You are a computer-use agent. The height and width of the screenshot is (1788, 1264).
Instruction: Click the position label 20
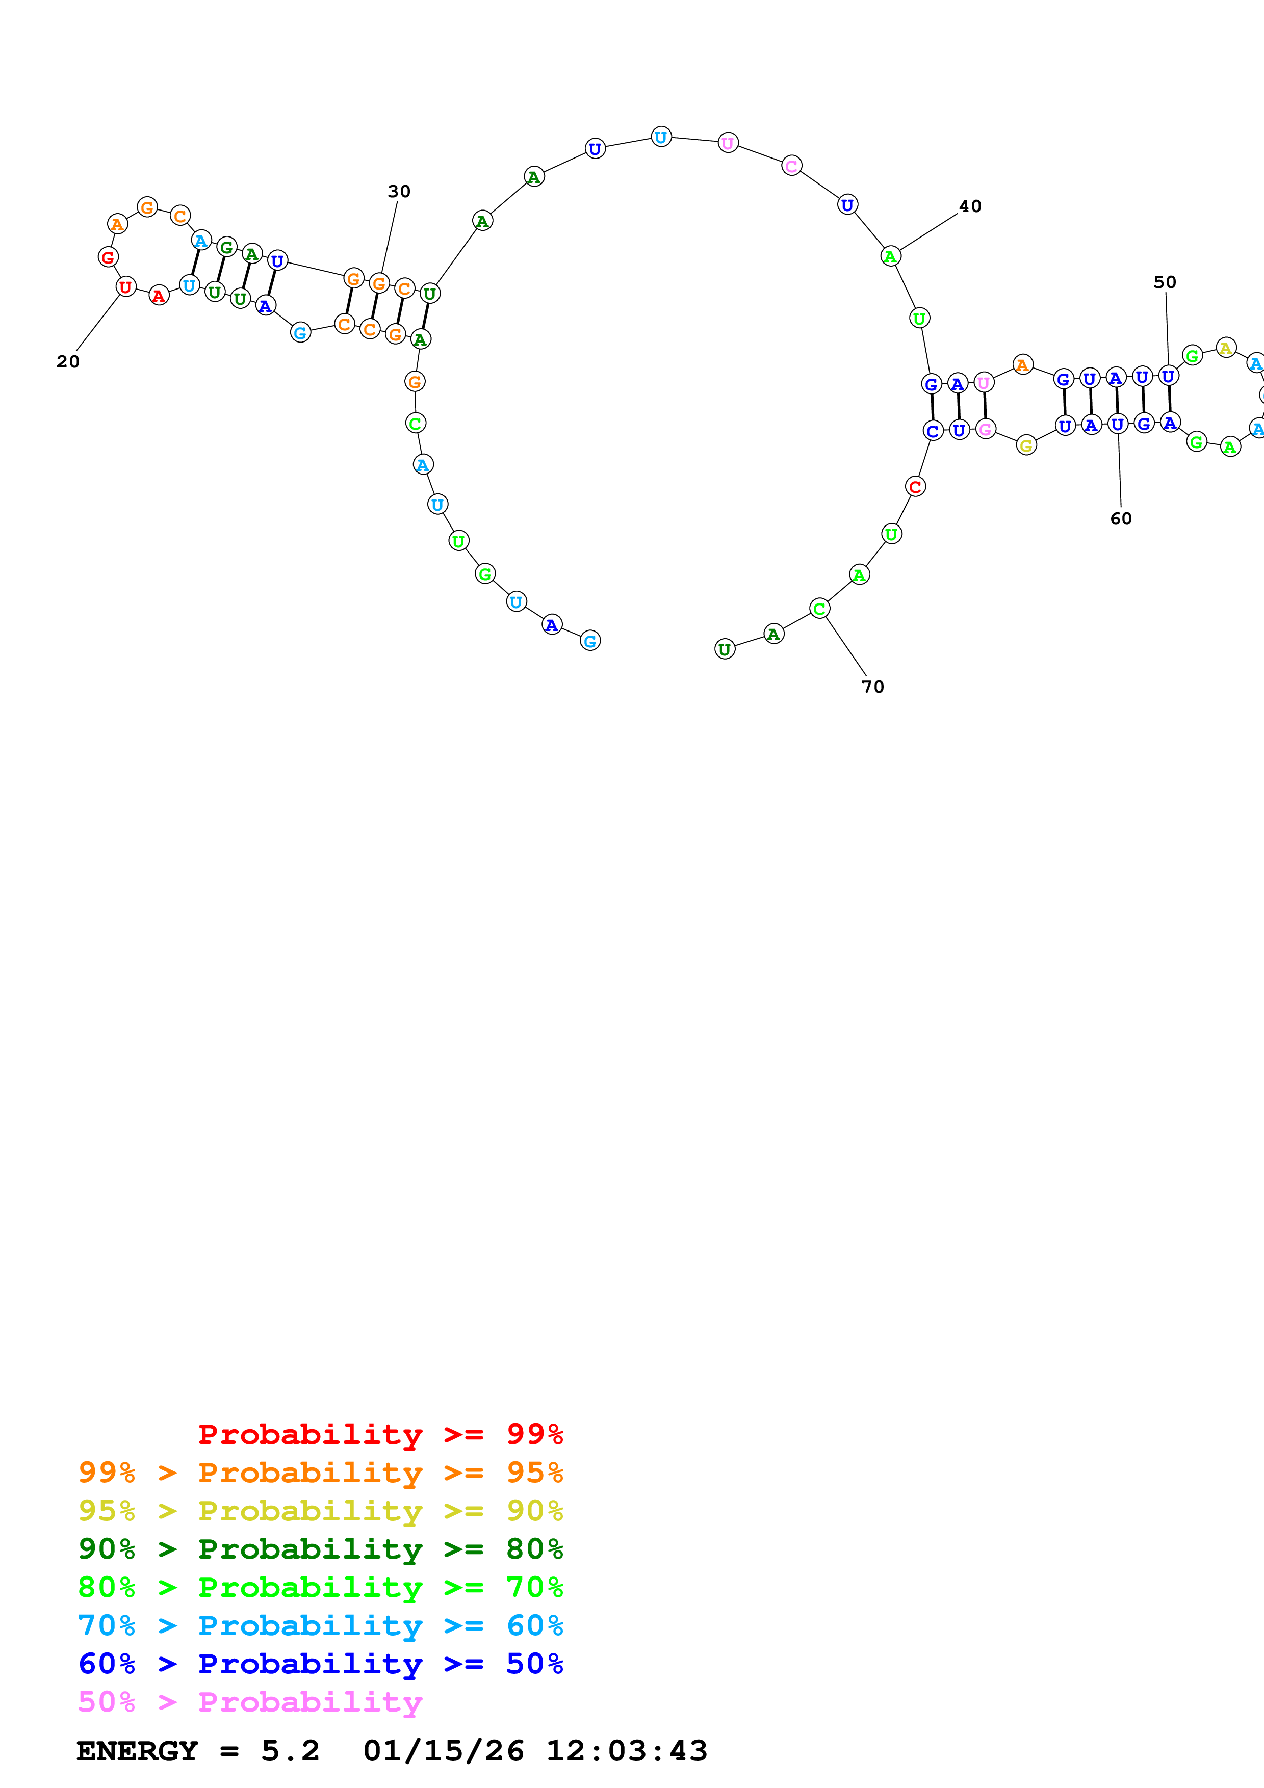coord(68,361)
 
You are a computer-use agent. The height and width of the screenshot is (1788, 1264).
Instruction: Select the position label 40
coord(970,206)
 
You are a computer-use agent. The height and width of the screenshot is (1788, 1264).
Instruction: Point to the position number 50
coord(1164,282)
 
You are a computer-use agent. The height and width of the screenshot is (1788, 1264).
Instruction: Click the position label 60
coord(1121,519)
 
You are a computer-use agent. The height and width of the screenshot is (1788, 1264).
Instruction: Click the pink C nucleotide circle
coord(791,166)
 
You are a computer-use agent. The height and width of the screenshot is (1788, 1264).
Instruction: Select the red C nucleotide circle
coord(915,487)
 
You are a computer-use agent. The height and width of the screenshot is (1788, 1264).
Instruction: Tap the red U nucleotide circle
coord(125,286)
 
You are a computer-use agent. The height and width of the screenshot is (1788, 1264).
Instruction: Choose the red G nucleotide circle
coord(108,257)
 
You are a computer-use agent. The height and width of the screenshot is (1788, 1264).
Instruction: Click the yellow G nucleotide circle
coord(1026,445)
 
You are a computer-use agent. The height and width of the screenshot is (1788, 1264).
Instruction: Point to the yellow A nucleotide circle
coord(1226,348)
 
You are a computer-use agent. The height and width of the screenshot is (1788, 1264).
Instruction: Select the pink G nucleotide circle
coord(985,429)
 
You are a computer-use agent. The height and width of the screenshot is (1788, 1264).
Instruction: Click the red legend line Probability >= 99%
coord(380,1434)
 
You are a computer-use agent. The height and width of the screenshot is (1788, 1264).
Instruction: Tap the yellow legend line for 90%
coord(320,1511)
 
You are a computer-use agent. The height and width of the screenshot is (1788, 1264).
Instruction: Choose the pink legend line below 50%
coord(249,1701)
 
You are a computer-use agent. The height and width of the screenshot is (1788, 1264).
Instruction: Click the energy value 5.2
coord(290,1751)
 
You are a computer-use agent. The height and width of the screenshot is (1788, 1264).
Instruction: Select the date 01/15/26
coord(443,1751)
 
